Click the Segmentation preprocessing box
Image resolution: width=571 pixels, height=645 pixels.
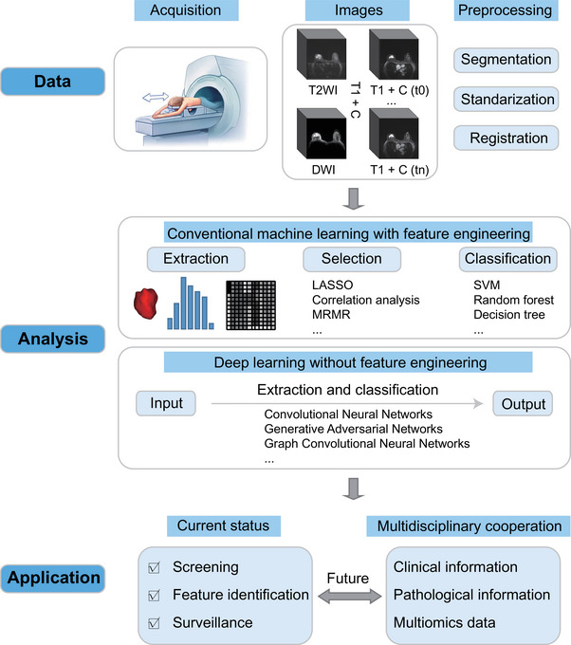click(x=506, y=59)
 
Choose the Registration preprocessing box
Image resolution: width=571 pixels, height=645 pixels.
click(x=505, y=138)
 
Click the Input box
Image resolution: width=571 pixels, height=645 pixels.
click(x=166, y=403)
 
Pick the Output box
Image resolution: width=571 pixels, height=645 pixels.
click(x=522, y=403)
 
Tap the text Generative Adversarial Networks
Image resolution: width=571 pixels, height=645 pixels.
click(x=354, y=429)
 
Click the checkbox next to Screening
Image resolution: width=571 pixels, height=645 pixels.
click(x=157, y=567)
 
